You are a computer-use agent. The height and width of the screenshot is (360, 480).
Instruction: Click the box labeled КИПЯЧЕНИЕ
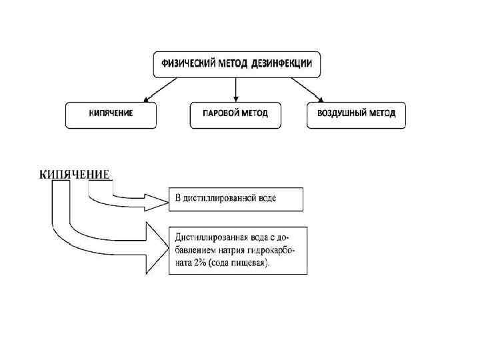tap(111, 114)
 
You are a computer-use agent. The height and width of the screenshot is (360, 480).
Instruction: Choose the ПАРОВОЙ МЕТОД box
tap(235, 114)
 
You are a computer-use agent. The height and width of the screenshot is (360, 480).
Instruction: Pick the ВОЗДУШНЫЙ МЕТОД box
tap(356, 114)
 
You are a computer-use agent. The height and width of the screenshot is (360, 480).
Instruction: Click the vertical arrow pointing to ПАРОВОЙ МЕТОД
tap(235, 89)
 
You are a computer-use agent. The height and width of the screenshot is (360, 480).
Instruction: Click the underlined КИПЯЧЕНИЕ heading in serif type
tap(74, 175)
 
